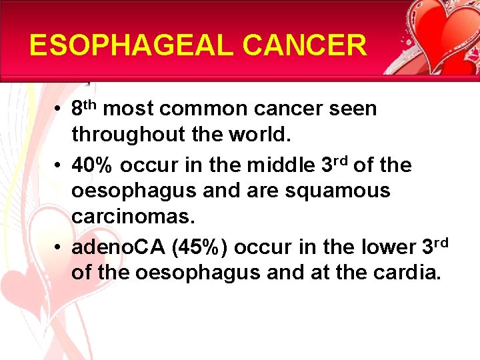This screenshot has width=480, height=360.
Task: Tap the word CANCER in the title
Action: coord(304,45)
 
